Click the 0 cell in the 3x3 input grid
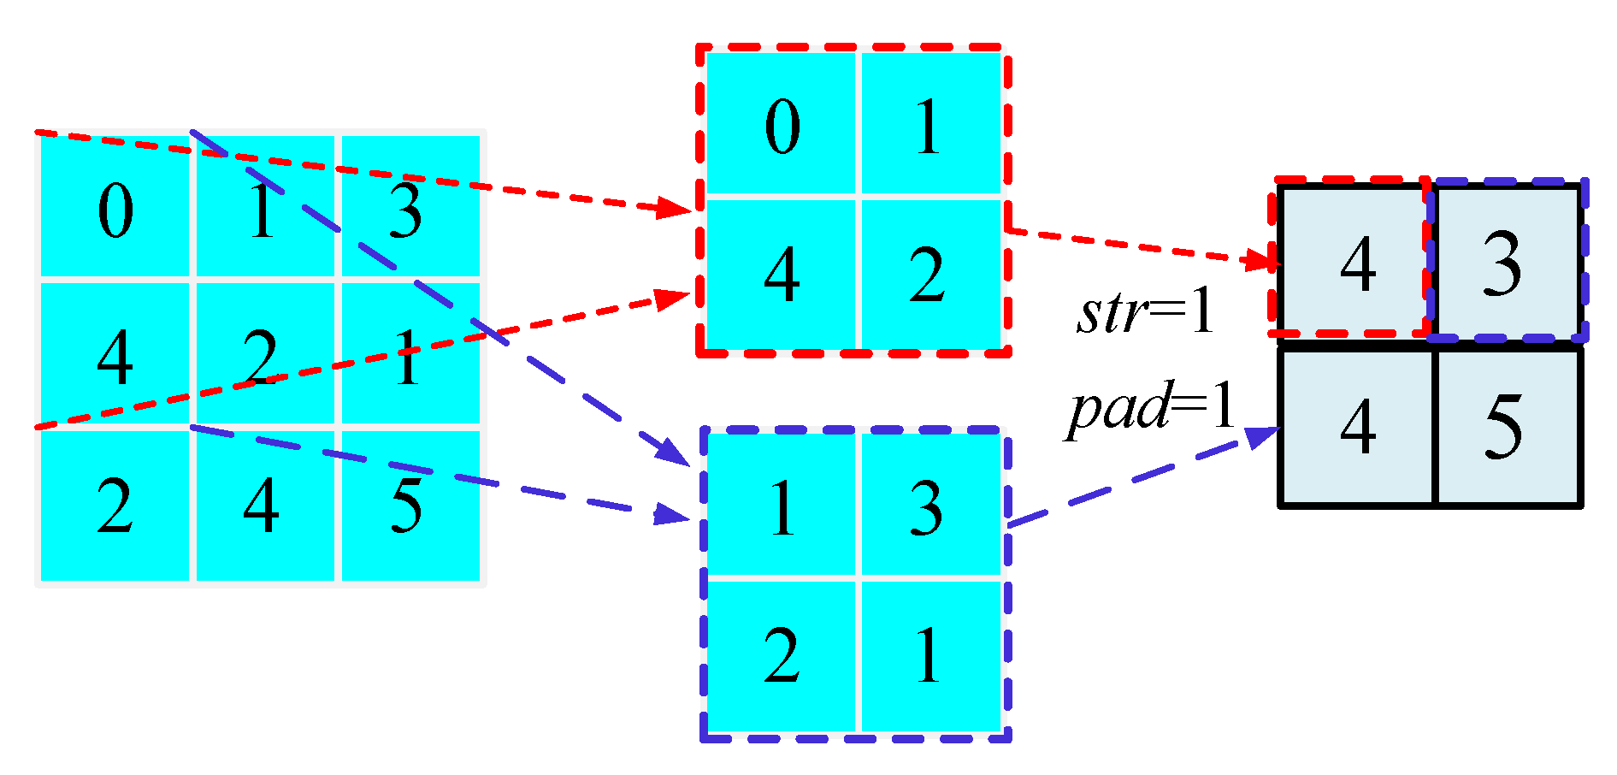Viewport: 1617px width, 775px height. pyautogui.click(x=115, y=208)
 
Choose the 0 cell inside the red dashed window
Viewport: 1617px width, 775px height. pyautogui.click(x=781, y=125)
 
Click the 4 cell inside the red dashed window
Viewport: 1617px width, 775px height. pyautogui.click(x=781, y=275)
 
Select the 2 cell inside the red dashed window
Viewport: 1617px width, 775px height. pyautogui.click(x=929, y=275)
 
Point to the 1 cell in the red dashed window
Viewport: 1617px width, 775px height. pyautogui.click(x=929, y=125)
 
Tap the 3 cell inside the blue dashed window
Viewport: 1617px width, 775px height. pyautogui.click(x=929, y=506)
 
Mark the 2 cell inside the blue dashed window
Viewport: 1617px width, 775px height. pyautogui.click(x=781, y=655)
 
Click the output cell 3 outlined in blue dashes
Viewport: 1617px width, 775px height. pyautogui.click(x=1505, y=263)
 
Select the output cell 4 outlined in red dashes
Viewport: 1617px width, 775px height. pyautogui.click(x=1356, y=263)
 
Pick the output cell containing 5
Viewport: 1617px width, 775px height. pyautogui.click(x=1505, y=426)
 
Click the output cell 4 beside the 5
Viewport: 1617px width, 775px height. pyautogui.click(x=1356, y=426)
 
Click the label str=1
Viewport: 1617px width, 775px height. pyautogui.click(x=1144, y=312)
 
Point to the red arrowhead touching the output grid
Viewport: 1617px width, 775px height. pyautogui.click(x=1262, y=260)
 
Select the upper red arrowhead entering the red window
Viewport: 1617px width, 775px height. pyautogui.click(x=675, y=208)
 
